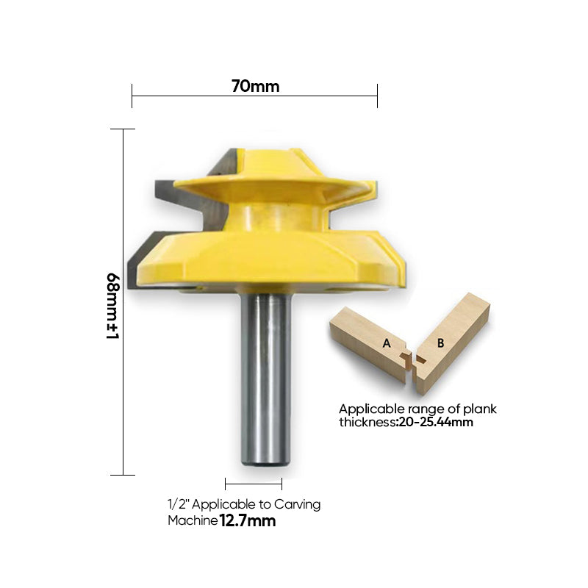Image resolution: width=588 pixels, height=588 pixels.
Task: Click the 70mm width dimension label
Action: pyautogui.click(x=255, y=86)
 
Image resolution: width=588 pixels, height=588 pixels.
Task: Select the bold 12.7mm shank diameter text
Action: pyautogui.click(x=248, y=521)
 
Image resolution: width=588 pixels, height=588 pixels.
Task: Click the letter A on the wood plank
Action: pyautogui.click(x=386, y=343)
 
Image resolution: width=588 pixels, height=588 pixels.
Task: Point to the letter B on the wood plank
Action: pyautogui.click(x=440, y=342)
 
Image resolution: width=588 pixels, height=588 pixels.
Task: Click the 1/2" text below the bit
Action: pyautogui.click(x=177, y=505)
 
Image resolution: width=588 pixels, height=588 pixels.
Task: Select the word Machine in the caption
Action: pyautogui.click(x=192, y=521)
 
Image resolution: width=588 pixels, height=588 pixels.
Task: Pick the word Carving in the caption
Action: pyautogui.click(x=298, y=505)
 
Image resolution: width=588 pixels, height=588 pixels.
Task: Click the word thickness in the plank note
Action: pyautogui.click(x=365, y=423)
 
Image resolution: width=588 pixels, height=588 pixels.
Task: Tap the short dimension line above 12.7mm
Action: pyautogui.click(x=254, y=483)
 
